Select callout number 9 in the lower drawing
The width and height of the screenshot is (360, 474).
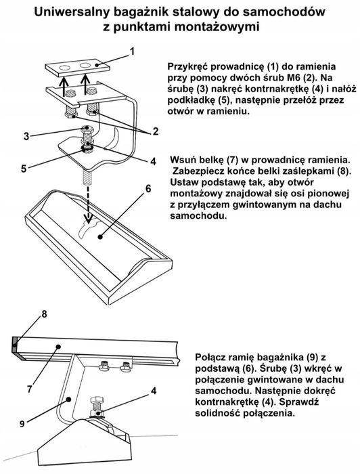[x=23, y=423]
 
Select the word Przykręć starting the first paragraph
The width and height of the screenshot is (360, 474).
[x=191, y=68]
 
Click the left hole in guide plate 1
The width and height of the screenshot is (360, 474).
[x=65, y=67]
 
